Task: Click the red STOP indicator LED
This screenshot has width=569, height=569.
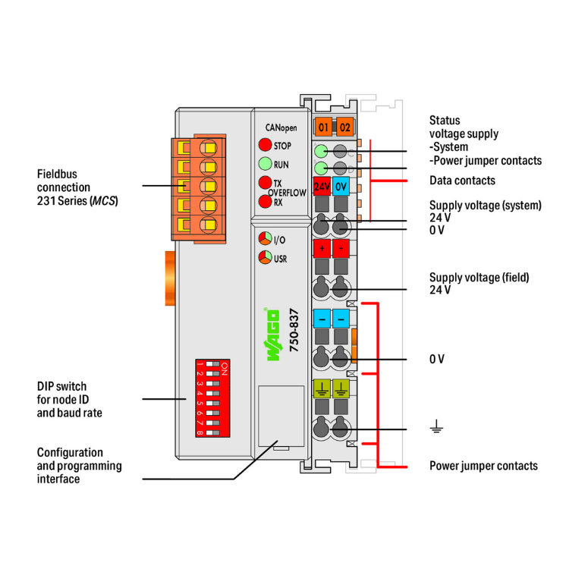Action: coord(265,145)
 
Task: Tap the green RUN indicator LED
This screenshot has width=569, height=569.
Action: coord(265,164)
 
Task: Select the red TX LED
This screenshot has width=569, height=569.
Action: coord(265,183)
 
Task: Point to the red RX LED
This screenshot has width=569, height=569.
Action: coord(265,202)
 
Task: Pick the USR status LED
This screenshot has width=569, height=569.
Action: coord(265,258)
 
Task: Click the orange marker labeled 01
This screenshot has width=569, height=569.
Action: coord(324,127)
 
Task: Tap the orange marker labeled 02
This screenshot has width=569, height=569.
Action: coord(344,127)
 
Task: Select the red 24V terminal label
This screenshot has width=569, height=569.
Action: coord(321,186)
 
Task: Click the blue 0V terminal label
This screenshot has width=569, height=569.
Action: coord(341,186)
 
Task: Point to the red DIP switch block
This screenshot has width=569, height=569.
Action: coord(213,396)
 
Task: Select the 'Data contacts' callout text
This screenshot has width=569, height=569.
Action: coord(462,181)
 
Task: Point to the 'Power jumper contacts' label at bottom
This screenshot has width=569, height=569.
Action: coord(483,465)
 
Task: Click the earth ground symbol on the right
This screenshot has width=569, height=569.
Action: coord(436,429)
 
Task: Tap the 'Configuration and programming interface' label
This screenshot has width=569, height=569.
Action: coord(79,465)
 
